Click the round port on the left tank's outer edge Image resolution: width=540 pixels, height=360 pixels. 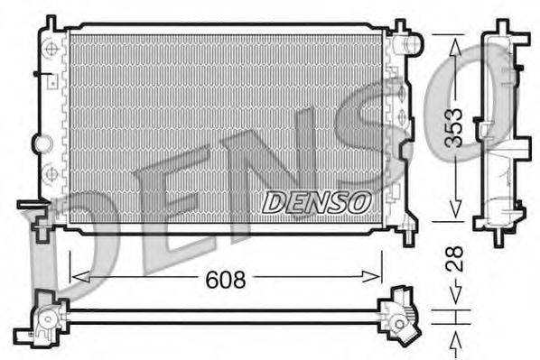pos(40,143)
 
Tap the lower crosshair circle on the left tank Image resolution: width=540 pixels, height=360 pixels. pos(51,171)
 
